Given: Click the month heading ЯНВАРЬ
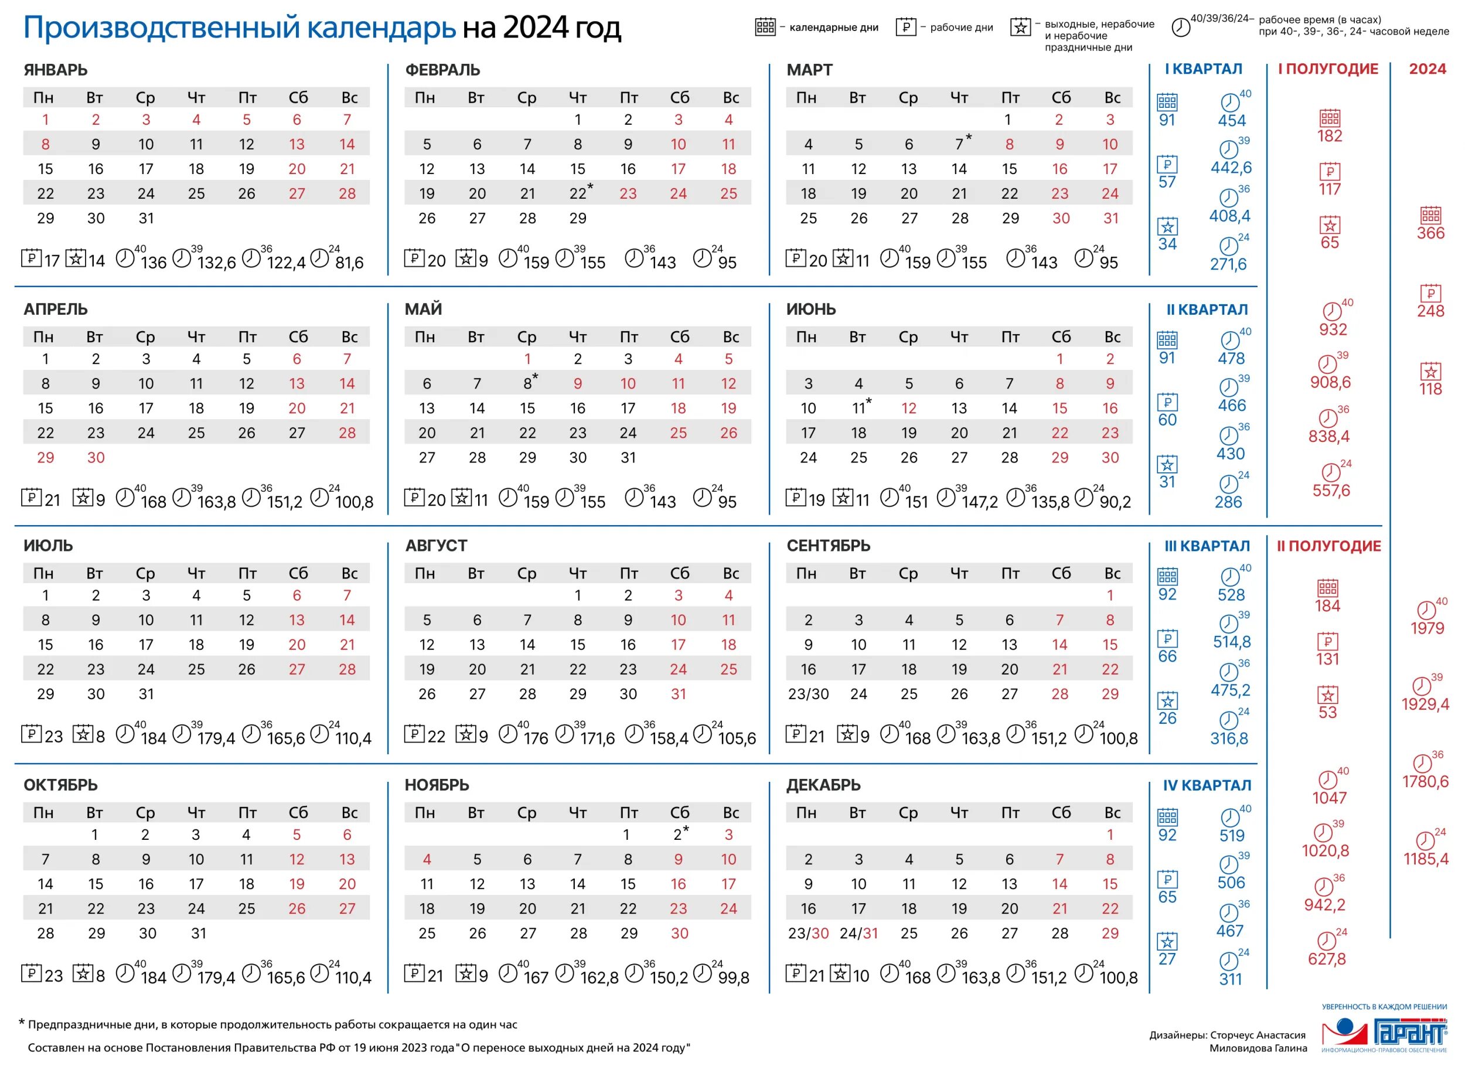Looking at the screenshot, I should coord(56,70).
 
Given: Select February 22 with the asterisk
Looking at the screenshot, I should coord(578,193).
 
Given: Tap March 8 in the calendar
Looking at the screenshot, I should coord(1010,144).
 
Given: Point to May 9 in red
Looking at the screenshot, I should coord(578,384).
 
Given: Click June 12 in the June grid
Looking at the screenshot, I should coord(908,408).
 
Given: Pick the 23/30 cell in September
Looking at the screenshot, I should coord(808,694).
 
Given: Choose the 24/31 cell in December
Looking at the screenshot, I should coord(858,934).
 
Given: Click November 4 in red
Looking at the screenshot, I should coord(427,860).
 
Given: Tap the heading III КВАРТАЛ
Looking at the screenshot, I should coord(1207,546).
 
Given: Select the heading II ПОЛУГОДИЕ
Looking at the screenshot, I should coord(1328,546).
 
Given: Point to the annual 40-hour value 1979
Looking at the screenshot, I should coord(1427,628).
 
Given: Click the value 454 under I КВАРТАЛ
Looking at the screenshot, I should coord(1231,121).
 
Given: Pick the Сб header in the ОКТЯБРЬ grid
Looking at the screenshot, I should coord(298,813).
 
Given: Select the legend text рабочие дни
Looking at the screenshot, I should coord(961,28).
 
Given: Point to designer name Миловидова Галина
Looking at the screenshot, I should coord(1258,1048).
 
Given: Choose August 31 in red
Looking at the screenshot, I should coord(678,694).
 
